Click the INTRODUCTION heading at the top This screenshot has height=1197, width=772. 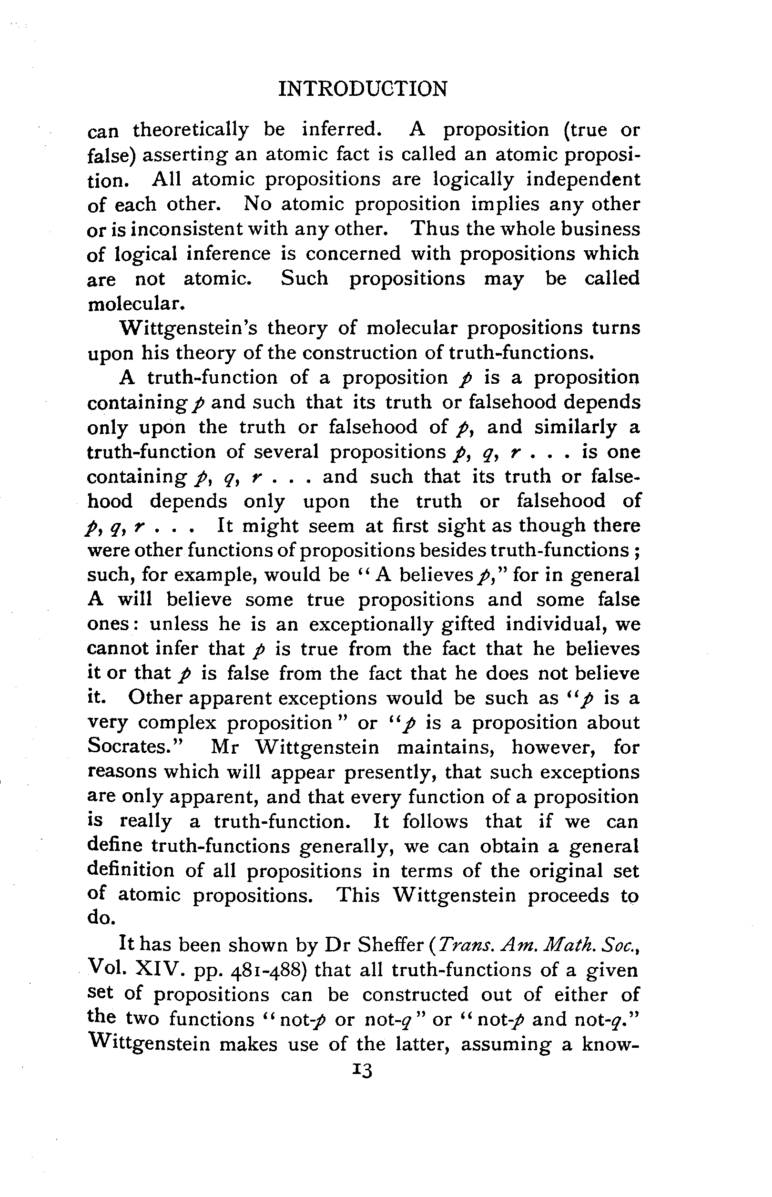363,89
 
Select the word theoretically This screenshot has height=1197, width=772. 191,130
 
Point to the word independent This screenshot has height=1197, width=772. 583,179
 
